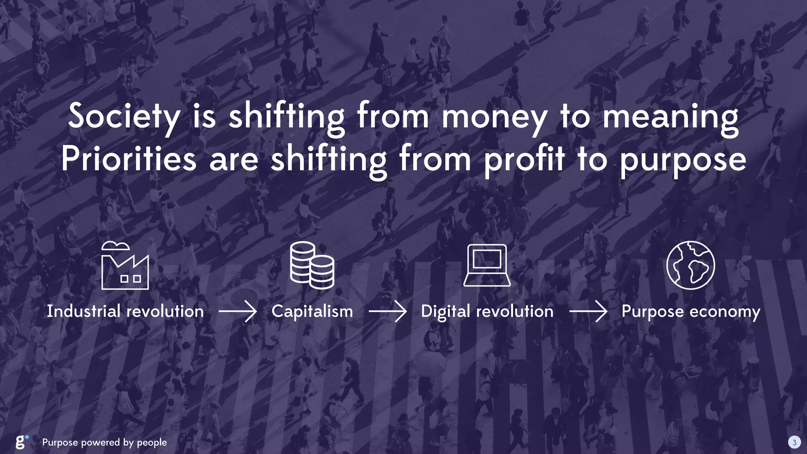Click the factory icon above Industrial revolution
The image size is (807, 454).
[125, 266]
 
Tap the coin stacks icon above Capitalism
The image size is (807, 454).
[312, 265]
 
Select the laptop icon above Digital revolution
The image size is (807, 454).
[487, 265]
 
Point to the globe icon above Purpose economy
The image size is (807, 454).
[690, 265]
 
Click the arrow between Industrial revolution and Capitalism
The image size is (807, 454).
[238, 311]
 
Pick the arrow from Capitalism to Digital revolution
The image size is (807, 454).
[387, 311]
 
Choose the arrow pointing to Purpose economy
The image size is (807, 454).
[588, 311]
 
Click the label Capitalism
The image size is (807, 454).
[312, 311]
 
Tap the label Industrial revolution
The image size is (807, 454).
[125, 311]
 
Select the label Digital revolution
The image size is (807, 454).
[487, 311]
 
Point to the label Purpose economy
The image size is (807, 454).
[691, 312]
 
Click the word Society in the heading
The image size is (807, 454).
[124, 117]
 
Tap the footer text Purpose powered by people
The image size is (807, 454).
[104, 443]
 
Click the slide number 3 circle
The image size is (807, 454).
[794, 442]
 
